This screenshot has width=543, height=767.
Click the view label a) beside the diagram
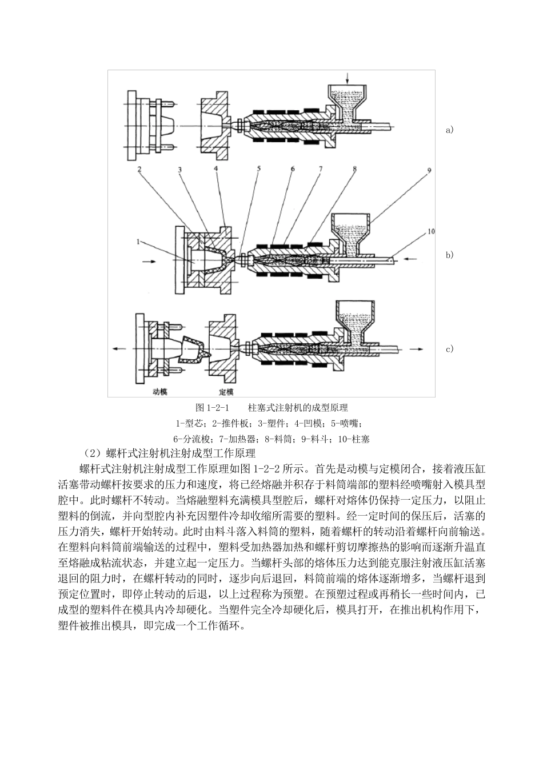coord(449,130)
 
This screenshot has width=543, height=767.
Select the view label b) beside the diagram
coord(449,255)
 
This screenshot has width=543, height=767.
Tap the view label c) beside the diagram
coord(449,349)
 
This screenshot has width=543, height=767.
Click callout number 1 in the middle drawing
coord(138,242)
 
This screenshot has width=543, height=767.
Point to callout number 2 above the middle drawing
coord(138,169)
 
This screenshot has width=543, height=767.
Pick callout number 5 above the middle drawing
coord(258,169)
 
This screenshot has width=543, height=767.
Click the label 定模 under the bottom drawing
coord(226,392)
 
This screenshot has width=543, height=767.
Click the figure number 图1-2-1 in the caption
coord(213,408)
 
